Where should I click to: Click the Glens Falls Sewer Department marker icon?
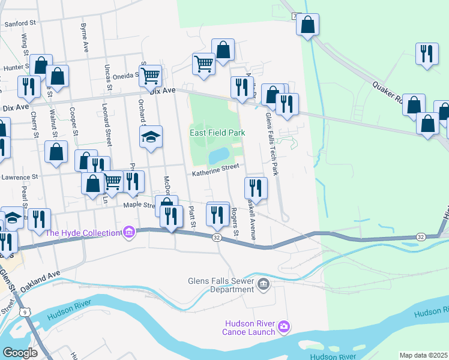(x=262, y=283)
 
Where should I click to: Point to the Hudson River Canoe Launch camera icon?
(x=284, y=326)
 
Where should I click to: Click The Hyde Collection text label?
(x=83, y=233)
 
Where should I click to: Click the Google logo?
(x=20, y=353)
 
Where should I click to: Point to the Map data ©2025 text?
(x=424, y=355)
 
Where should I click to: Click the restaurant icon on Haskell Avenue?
(x=256, y=188)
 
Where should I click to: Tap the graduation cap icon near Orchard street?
(x=151, y=137)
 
